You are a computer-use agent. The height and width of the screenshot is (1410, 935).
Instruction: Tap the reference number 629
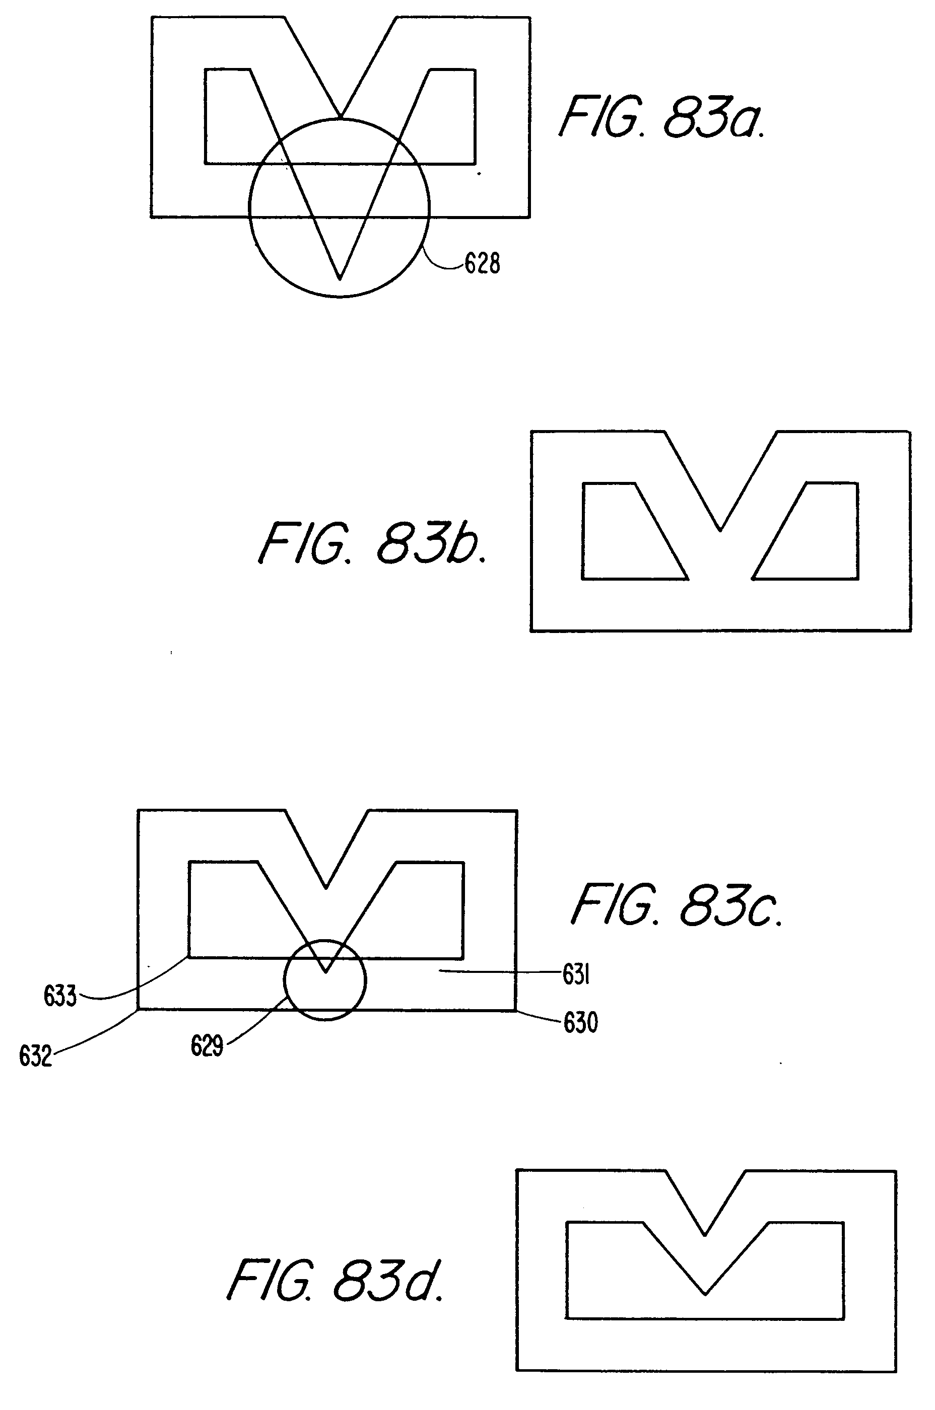(x=207, y=1046)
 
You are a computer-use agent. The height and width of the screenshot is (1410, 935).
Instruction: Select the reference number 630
(x=580, y=1023)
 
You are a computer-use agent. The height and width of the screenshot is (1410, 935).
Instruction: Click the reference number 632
(x=36, y=1056)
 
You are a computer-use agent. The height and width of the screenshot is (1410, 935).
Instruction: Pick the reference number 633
(x=60, y=996)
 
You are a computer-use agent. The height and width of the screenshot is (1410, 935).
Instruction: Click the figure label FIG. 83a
(x=662, y=117)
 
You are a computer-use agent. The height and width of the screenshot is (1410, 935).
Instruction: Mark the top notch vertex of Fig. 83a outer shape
(x=340, y=116)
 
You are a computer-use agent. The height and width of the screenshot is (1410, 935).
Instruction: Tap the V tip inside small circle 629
(x=325, y=972)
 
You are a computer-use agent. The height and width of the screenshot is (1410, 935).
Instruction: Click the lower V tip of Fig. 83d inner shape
(x=705, y=1294)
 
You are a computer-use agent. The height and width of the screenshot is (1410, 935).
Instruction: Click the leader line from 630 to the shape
(x=540, y=1017)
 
